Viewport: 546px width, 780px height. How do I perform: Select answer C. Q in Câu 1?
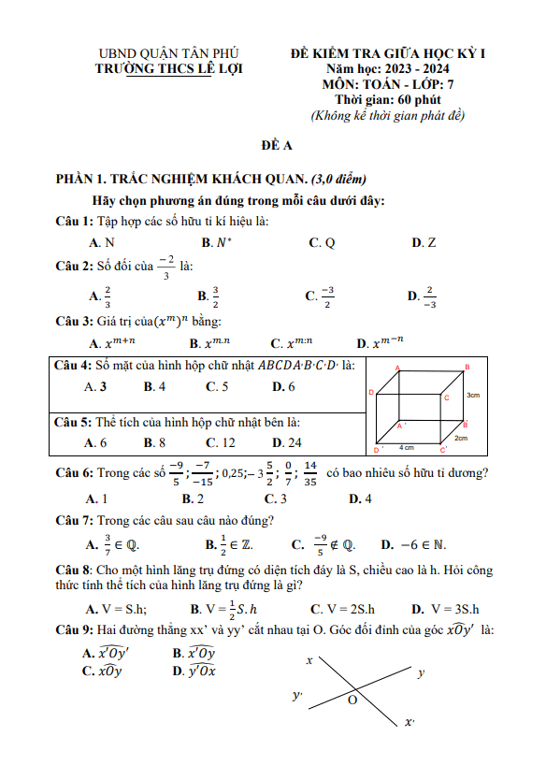(322, 242)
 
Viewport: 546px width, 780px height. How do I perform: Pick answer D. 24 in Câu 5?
(286, 442)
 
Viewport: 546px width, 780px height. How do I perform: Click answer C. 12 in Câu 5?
(221, 442)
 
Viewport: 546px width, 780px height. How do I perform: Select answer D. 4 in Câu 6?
(360, 498)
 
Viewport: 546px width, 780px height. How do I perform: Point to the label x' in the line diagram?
(409, 722)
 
